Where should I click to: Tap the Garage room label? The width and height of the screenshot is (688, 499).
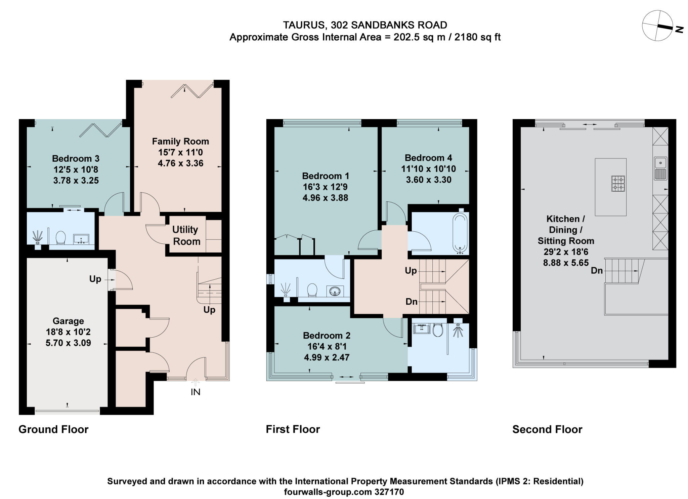(68, 321)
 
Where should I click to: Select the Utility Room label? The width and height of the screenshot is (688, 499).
(186, 235)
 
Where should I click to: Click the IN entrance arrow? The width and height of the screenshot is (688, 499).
(196, 383)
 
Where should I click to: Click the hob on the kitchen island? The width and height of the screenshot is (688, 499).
(618, 184)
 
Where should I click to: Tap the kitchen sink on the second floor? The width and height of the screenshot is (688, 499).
(660, 168)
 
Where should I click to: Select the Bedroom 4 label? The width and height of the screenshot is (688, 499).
(428, 158)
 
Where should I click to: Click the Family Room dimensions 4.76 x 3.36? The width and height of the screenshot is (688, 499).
(180, 163)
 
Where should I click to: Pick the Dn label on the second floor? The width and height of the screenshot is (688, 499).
(597, 270)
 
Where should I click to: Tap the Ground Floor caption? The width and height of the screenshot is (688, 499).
(53, 429)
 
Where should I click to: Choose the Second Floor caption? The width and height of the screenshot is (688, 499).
(547, 429)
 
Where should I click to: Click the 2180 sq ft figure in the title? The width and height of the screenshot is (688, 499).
(477, 37)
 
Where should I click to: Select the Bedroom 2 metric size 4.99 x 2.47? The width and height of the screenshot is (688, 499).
(327, 357)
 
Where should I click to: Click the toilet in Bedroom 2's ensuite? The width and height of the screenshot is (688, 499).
(437, 330)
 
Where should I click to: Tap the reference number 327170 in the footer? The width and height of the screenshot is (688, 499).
(389, 492)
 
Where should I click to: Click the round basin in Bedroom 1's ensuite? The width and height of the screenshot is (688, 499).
(335, 291)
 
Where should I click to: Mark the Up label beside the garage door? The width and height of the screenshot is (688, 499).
(95, 279)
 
